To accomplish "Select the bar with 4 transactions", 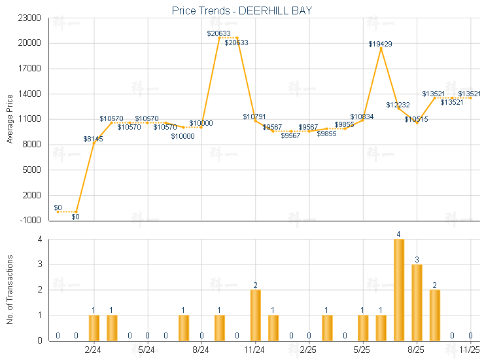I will click(399, 290).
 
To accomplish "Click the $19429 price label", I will click(380, 44).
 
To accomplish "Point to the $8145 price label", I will click(94, 139).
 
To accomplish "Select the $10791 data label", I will click(254, 117).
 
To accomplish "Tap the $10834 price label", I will click(362, 117).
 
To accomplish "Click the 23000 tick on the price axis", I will click(32, 18).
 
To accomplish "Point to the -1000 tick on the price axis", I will click(32, 221).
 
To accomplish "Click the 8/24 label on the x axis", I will click(201, 350).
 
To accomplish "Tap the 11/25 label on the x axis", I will click(470, 350).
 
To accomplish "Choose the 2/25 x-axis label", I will click(308, 350).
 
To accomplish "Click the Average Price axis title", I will click(10, 119).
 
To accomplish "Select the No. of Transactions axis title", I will click(10, 289).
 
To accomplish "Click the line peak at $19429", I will click(381, 48).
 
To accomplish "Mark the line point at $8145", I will click(94, 143).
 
